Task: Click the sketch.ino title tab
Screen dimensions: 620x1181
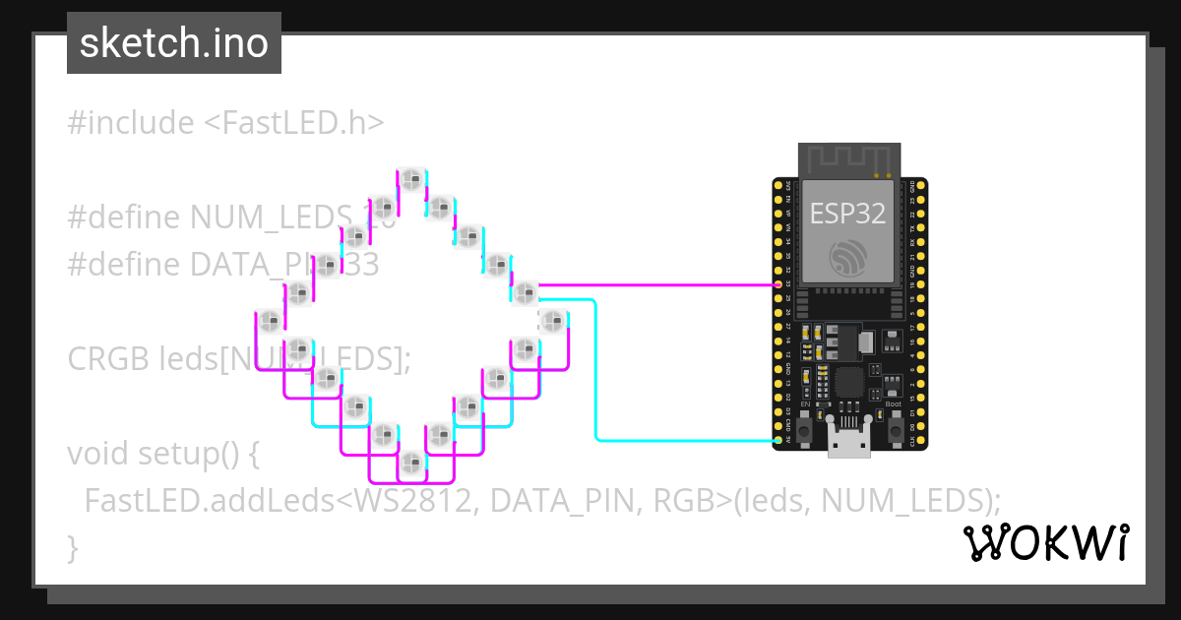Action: click(x=174, y=43)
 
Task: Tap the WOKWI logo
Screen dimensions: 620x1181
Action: click(x=1045, y=542)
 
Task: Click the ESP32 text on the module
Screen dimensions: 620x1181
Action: click(x=847, y=214)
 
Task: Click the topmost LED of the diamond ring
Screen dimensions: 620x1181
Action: click(x=410, y=179)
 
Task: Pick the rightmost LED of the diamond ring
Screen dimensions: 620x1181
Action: click(x=553, y=320)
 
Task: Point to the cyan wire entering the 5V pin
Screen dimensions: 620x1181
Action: click(x=689, y=440)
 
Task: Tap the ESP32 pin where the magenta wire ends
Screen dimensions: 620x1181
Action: click(x=778, y=284)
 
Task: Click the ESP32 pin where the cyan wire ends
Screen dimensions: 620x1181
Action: click(x=778, y=440)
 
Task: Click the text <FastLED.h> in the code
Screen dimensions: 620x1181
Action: click(x=293, y=123)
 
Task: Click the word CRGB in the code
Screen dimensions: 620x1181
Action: click(x=108, y=359)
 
